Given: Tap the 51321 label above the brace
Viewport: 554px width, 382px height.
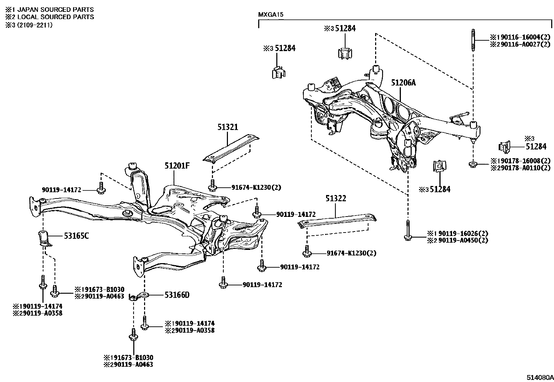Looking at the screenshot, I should tap(228, 127).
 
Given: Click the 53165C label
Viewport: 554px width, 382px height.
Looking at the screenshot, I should tap(76, 236).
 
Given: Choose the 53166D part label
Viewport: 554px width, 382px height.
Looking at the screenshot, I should tap(177, 295).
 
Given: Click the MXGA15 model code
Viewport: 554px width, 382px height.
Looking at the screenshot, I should tap(271, 15).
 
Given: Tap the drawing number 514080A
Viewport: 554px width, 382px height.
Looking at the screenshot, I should tap(539, 377).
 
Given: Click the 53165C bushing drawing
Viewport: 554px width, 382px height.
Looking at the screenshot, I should tap(43, 238).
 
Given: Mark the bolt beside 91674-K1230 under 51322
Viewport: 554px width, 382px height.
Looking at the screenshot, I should tap(307, 252).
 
